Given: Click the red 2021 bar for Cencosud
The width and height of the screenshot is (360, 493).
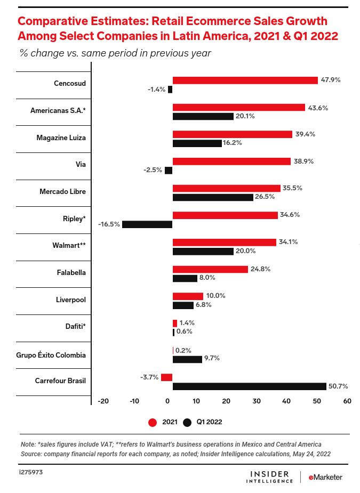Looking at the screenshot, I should click(x=245, y=80).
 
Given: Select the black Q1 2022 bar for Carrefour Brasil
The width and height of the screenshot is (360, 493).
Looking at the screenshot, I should click(x=249, y=386).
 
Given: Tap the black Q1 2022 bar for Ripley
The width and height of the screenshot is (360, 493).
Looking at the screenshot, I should click(x=147, y=224).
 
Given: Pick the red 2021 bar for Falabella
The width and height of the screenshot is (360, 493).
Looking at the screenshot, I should click(x=210, y=269).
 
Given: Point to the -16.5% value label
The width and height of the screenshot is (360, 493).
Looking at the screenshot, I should click(x=109, y=224).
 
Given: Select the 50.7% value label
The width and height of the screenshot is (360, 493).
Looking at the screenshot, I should click(x=340, y=386).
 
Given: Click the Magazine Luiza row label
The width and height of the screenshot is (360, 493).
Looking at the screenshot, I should click(x=61, y=138).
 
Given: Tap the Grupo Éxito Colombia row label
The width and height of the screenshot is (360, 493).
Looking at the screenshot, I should click(x=51, y=354).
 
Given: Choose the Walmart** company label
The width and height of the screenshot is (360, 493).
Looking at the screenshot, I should click(x=69, y=246).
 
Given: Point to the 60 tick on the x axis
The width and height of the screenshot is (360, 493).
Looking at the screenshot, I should click(x=347, y=401).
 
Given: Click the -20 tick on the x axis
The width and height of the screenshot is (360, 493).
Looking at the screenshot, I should click(x=103, y=401).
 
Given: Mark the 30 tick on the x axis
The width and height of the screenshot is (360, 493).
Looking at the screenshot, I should click(x=256, y=401).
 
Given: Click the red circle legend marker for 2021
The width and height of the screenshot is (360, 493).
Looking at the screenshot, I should click(x=153, y=422).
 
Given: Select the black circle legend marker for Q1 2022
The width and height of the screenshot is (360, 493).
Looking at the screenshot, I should click(x=187, y=422).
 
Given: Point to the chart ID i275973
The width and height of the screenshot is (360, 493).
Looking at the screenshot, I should click(x=31, y=472).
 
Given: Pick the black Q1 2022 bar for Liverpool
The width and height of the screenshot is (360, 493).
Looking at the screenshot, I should click(x=183, y=305).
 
